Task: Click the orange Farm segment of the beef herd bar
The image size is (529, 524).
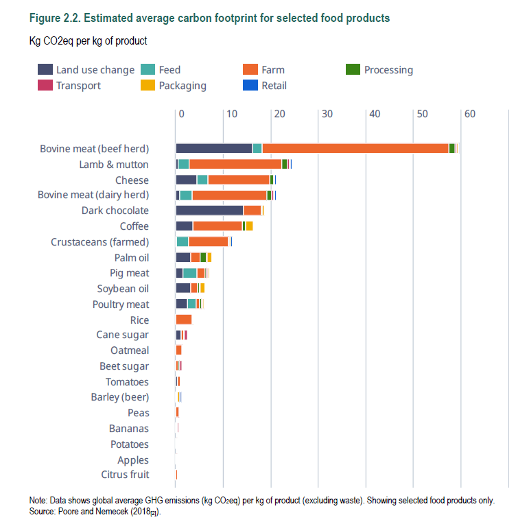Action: [x=355, y=149]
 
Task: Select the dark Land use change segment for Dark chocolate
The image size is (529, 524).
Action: [x=209, y=211]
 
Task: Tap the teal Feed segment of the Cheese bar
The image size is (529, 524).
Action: [x=202, y=180]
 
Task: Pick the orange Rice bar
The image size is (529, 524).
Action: [x=183, y=320]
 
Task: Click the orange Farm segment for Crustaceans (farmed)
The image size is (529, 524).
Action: [x=208, y=241]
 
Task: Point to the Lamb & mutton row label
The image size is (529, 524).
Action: [x=114, y=165]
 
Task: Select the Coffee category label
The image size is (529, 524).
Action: [x=134, y=226]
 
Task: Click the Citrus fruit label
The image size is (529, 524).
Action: [x=125, y=475]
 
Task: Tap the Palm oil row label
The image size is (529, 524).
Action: [x=132, y=257]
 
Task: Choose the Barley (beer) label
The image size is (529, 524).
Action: [x=120, y=397]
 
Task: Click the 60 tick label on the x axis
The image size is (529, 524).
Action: [x=469, y=114]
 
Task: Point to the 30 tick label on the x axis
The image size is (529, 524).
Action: [x=327, y=114]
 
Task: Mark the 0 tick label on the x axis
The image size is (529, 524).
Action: [x=181, y=114]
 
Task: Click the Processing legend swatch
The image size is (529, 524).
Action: [x=353, y=69]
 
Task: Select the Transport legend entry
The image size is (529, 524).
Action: [x=78, y=86]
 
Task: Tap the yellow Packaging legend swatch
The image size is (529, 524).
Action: [x=148, y=86]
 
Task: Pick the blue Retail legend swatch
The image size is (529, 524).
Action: [x=250, y=86]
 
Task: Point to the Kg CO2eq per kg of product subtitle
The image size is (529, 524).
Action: [x=88, y=41]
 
